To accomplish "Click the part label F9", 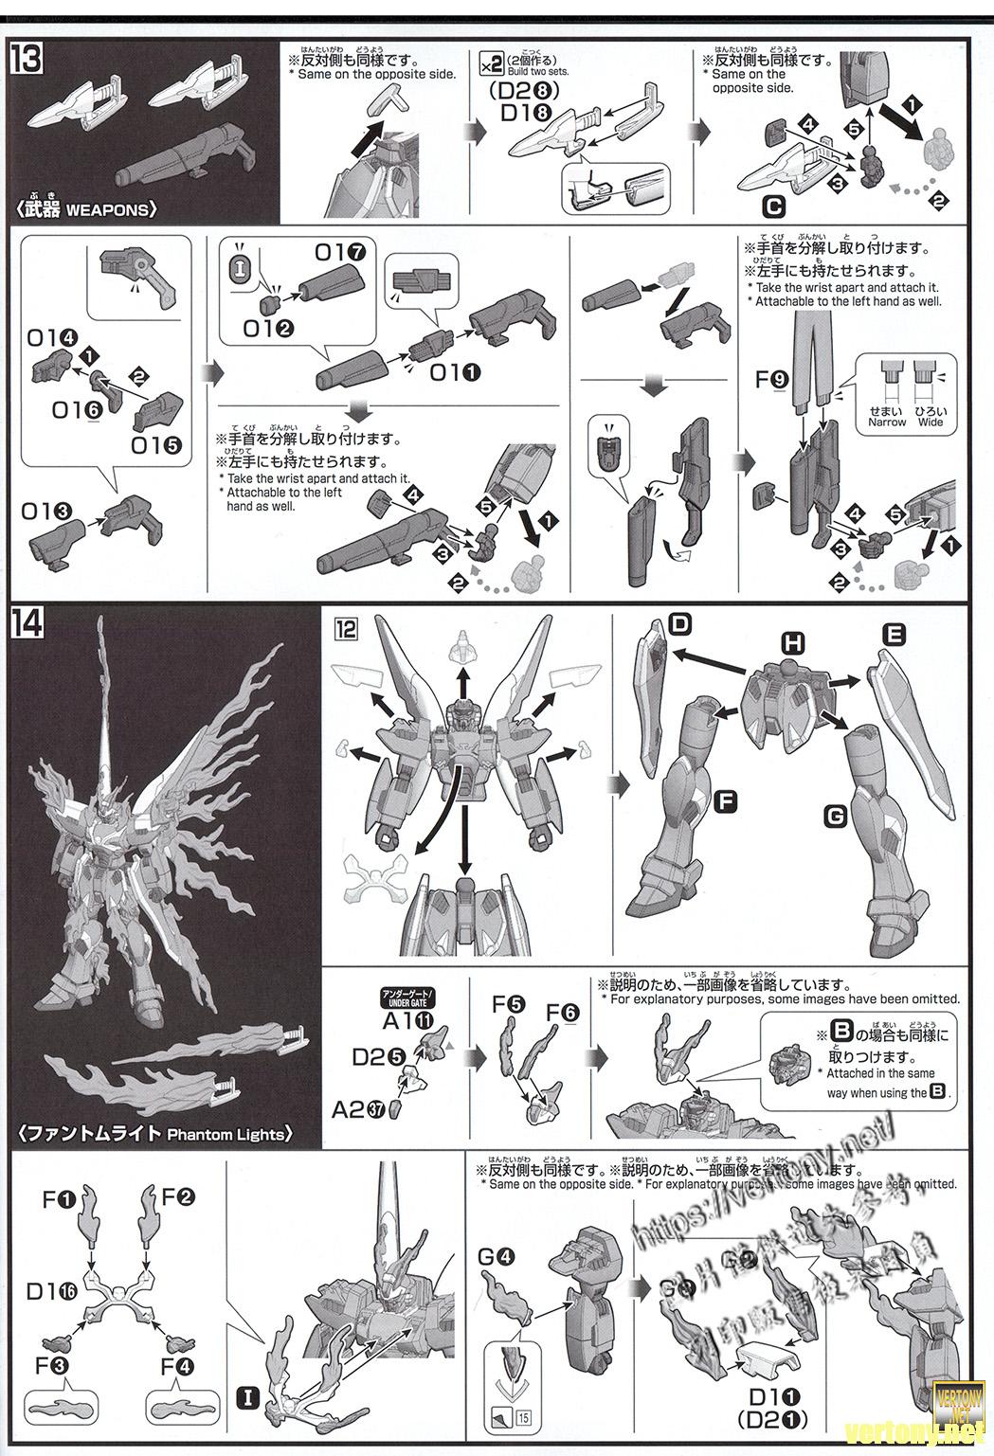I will [772, 380].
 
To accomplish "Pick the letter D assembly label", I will [679, 624].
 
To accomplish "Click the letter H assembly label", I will [793, 644].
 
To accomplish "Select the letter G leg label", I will [835, 815].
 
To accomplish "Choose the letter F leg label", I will [725, 801].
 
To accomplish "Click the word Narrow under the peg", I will [887, 422].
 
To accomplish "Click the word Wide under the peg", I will [931, 422].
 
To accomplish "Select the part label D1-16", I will [51, 1290].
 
